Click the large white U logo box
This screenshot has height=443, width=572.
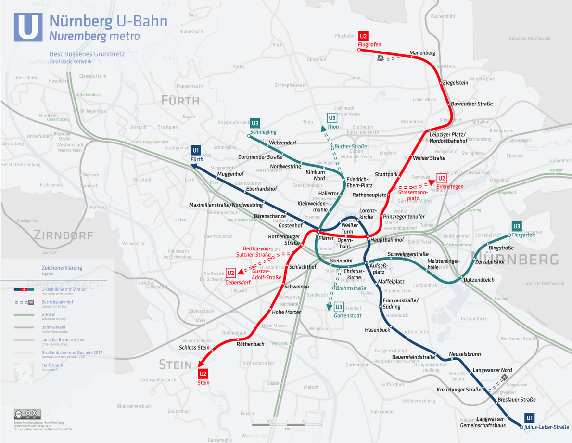coord(28,27)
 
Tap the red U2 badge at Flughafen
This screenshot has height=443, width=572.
coord(363,36)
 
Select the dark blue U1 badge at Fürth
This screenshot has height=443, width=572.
coord(195,151)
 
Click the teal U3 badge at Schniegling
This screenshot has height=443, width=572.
coord(255,123)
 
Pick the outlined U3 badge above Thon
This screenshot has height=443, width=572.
coord(332,118)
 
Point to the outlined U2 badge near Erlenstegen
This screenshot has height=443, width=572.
coord(441,178)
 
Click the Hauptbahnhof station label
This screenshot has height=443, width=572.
coord(387,239)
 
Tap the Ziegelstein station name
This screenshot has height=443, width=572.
coord(455,83)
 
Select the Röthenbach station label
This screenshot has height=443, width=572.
coord(250,344)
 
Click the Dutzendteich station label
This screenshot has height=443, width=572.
coord(479,280)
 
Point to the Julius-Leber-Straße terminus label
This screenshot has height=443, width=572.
coord(547,427)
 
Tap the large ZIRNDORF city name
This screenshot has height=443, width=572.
coord(63,235)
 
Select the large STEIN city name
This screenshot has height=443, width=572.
coord(176,365)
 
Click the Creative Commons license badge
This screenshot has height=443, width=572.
coord(27,414)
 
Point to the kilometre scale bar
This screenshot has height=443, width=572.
coord(287,424)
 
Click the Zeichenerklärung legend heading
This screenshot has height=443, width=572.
coord(62,268)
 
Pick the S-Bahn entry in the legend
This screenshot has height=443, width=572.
coord(49,315)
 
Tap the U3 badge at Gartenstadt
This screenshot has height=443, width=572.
coord(339,307)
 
